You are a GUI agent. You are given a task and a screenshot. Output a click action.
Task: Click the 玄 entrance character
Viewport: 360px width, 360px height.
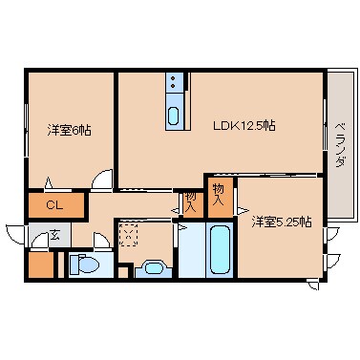coord(54,234)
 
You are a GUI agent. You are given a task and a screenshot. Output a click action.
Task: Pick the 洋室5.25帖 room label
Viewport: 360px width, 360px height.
coord(282,222)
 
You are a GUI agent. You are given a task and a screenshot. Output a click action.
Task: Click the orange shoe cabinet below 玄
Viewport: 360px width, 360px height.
coord(40,265)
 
